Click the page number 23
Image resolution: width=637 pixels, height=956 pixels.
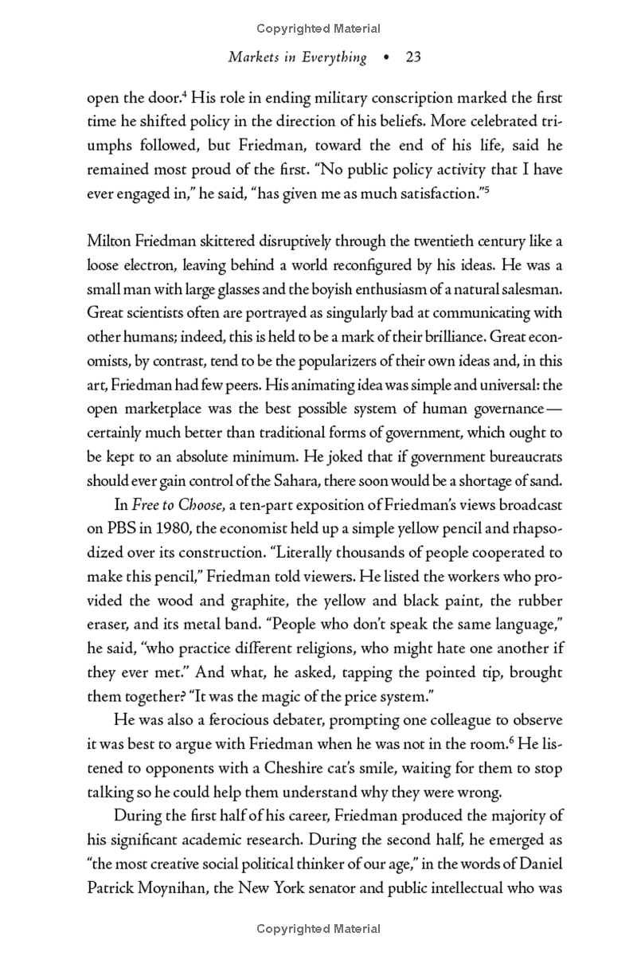tap(412, 57)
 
